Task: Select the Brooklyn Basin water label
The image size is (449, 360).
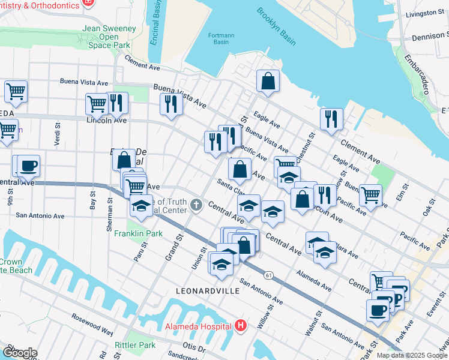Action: (x=276, y=26)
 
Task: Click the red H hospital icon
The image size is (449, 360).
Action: (x=241, y=326)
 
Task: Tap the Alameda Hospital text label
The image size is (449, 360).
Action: (x=199, y=326)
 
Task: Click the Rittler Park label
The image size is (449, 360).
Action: (x=136, y=345)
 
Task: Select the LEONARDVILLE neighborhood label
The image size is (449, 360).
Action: (x=207, y=290)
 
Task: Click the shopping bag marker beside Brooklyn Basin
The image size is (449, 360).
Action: (x=268, y=81)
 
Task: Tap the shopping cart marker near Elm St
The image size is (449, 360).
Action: (x=370, y=194)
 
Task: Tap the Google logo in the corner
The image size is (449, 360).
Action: (x=19, y=353)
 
